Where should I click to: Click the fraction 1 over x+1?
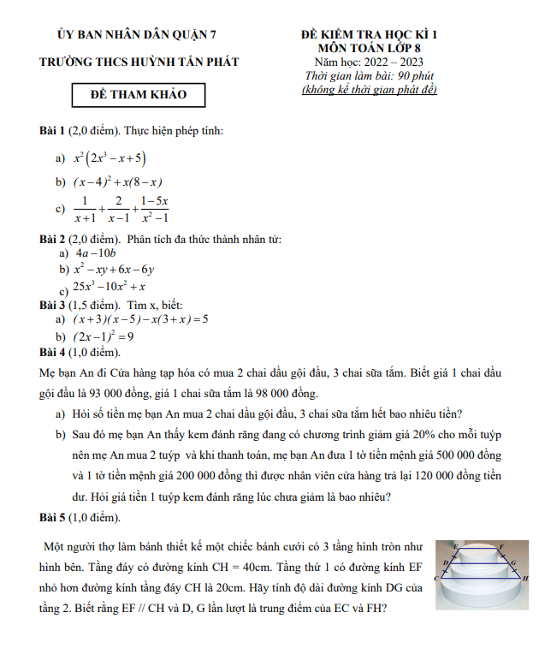click(84, 208)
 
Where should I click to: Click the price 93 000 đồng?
click(110, 395)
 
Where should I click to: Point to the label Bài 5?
click(52, 517)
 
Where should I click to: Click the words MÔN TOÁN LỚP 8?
click(375, 48)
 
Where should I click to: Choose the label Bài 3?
click(52, 305)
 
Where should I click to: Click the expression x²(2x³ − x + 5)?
click(110, 158)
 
